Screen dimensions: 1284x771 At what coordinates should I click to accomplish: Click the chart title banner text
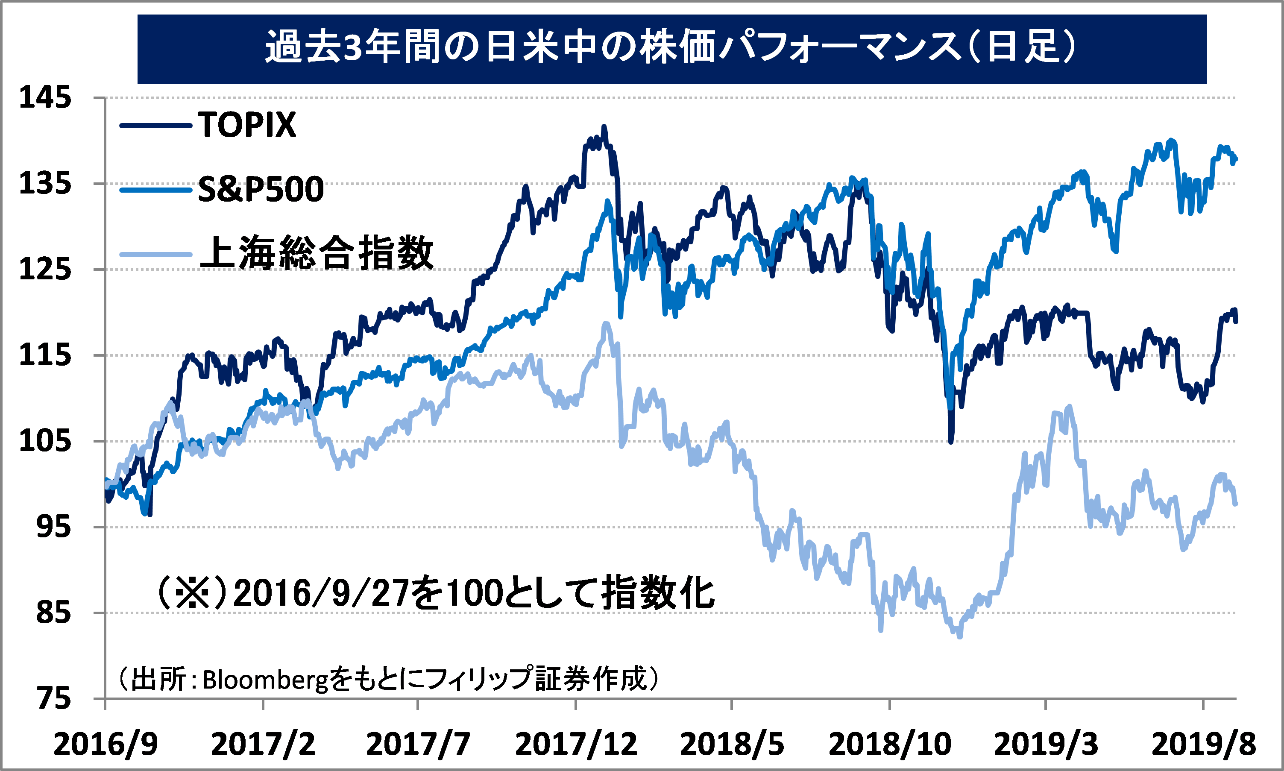click(x=671, y=47)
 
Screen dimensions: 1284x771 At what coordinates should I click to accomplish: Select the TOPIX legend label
click(x=247, y=125)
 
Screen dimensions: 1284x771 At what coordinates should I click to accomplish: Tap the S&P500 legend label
click(x=261, y=189)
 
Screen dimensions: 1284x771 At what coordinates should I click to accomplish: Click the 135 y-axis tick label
click(x=45, y=183)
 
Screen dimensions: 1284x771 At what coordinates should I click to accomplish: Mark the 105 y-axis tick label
click(x=45, y=441)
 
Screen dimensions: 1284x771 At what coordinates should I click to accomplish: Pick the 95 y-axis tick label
click(x=53, y=527)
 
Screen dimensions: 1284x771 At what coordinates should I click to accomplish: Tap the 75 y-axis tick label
click(x=53, y=699)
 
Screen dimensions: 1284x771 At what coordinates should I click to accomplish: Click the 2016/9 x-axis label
click(x=106, y=744)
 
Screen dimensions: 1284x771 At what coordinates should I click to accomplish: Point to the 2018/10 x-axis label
click(x=890, y=744)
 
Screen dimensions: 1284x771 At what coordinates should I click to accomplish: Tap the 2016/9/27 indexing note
click(x=435, y=593)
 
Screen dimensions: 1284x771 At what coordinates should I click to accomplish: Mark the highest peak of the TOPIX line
click(x=604, y=126)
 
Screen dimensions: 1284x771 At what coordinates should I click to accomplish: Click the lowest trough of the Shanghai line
click(x=959, y=636)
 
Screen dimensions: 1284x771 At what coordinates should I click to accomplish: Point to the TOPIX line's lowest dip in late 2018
click(x=950, y=442)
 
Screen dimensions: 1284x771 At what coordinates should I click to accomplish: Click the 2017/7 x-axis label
click(x=418, y=744)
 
